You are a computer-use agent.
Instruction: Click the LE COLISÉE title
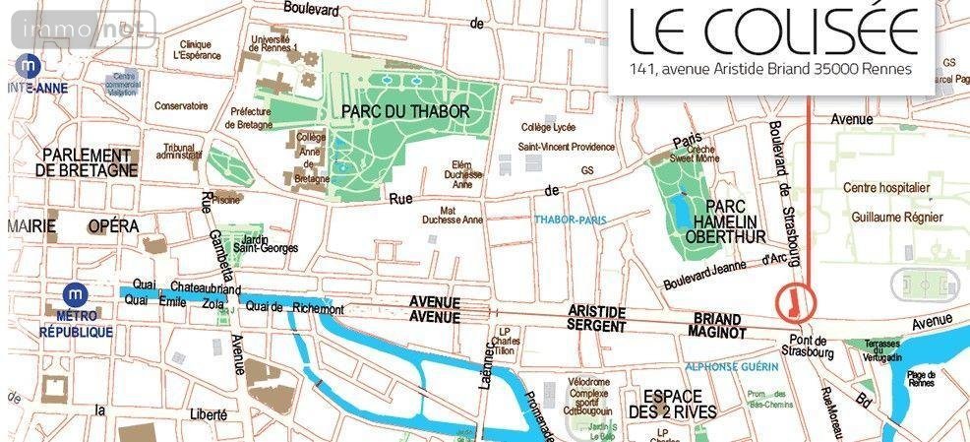pos(772,33)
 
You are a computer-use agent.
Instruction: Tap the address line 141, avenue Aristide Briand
pos(771,70)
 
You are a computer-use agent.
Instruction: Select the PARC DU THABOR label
pos(405,111)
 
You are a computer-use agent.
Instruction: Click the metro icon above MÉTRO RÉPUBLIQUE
pos(75,295)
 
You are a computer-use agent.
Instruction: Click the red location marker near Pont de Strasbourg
pos(791,301)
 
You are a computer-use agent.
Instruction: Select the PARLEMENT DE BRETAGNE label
pos(87,162)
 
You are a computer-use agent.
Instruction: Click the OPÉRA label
pos(113,226)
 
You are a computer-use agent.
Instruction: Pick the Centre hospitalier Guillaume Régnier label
pos(892,203)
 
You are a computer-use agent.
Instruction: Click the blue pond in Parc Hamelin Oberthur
pos(680,212)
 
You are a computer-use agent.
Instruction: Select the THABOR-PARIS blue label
pos(573,219)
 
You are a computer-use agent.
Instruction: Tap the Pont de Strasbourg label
pos(806,346)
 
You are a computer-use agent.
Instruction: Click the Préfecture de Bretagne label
pos(249,118)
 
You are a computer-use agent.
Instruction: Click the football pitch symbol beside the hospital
pos(923,285)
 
